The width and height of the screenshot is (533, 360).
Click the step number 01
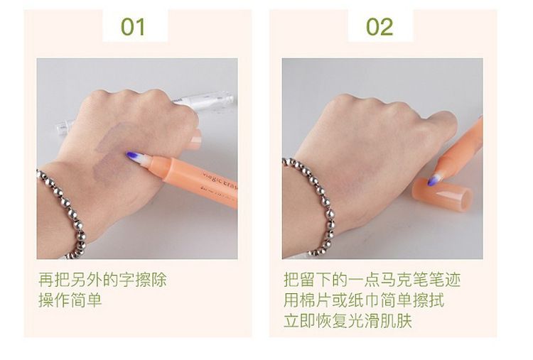[x=133, y=27]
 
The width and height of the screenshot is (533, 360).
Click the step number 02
[x=379, y=27]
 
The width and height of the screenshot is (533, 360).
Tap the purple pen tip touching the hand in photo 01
[x=131, y=156]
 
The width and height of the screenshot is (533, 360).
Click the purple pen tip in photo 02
[x=431, y=180]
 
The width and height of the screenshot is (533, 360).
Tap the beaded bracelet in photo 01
[x=65, y=211]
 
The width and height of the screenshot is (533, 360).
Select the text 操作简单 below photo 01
[x=70, y=300]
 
